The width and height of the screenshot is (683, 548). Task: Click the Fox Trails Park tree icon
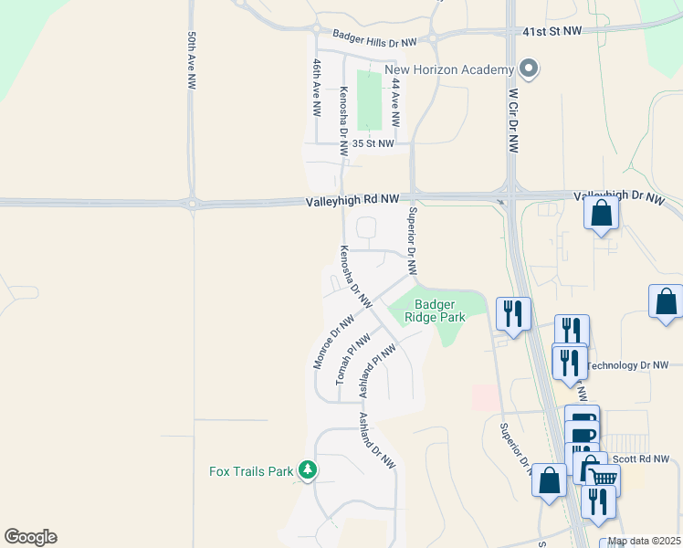(x=309, y=470)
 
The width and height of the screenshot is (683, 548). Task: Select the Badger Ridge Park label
(x=440, y=311)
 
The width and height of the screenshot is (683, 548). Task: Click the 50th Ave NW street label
(x=192, y=61)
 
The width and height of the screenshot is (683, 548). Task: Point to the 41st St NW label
(x=552, y=31)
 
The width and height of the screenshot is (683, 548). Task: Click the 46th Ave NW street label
(x=316, y=87)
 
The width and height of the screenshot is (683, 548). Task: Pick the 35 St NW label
(x=373, y=143)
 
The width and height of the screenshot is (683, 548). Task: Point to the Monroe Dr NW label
(x=333, y=342)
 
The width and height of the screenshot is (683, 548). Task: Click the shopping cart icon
(x=604, y=477)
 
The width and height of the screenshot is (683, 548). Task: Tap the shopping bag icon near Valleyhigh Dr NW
(x=602, y=214)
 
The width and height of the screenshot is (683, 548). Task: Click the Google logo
(x=30, y=537)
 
